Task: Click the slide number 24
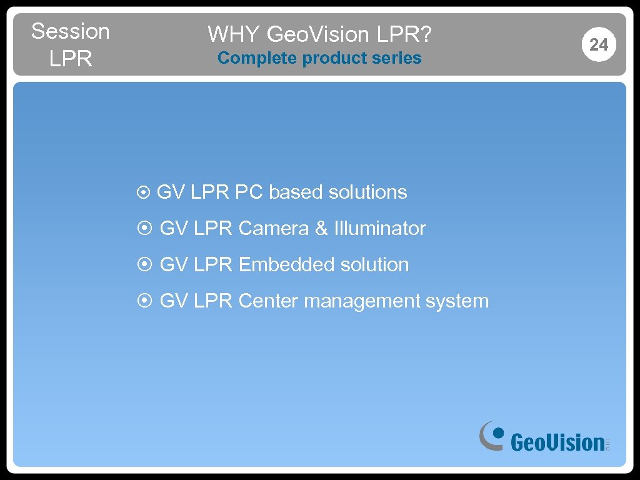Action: [x=598, y=44]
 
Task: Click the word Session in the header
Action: [x=70, y=31]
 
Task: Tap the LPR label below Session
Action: [x=70, y=59]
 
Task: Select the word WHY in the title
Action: [x=234, y=34]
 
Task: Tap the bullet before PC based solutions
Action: [x=142, y=193]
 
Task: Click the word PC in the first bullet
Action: [x=249, y=192]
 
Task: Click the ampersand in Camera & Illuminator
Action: [x=321, y=229]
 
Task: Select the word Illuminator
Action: [x=380, y=229]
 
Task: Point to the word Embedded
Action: [x=287, y=265]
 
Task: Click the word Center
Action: [x=269, y=301]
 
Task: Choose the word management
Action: [x=362, y=301]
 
